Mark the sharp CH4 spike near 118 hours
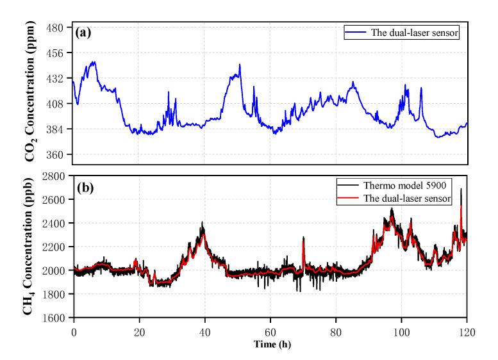461,190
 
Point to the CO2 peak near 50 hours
240,65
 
